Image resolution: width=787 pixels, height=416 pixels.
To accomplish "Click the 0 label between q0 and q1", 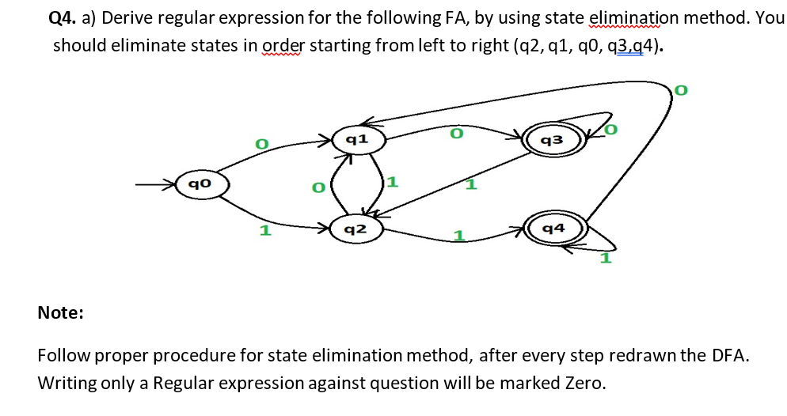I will click(259, 144).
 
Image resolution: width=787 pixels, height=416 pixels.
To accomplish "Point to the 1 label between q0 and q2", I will click(265, 231).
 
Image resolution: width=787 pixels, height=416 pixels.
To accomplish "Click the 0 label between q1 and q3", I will click(455, 134).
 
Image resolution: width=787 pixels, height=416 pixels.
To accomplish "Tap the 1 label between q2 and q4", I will click(457, 236).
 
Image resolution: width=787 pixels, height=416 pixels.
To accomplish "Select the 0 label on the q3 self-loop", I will click(610, 128).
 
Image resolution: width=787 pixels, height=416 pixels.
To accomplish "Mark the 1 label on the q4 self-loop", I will click(606, 258).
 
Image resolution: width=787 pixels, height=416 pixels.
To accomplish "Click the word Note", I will click(61, 313).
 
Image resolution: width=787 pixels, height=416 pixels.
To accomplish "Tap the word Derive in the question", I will click(127, 17).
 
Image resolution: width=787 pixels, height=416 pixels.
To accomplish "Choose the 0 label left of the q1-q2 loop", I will click(317, 188).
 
